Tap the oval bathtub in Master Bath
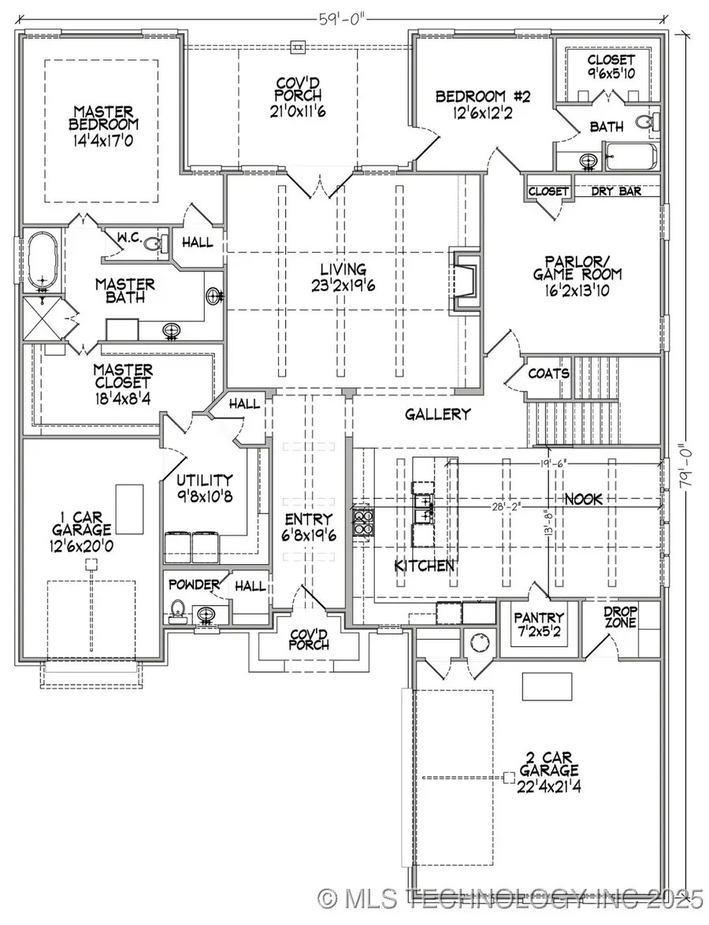(38, 260)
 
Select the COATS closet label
(548, 373)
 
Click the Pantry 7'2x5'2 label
(539, 624)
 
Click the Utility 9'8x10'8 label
(204, 487)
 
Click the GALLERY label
(438, 414)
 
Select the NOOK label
(583, 500)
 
